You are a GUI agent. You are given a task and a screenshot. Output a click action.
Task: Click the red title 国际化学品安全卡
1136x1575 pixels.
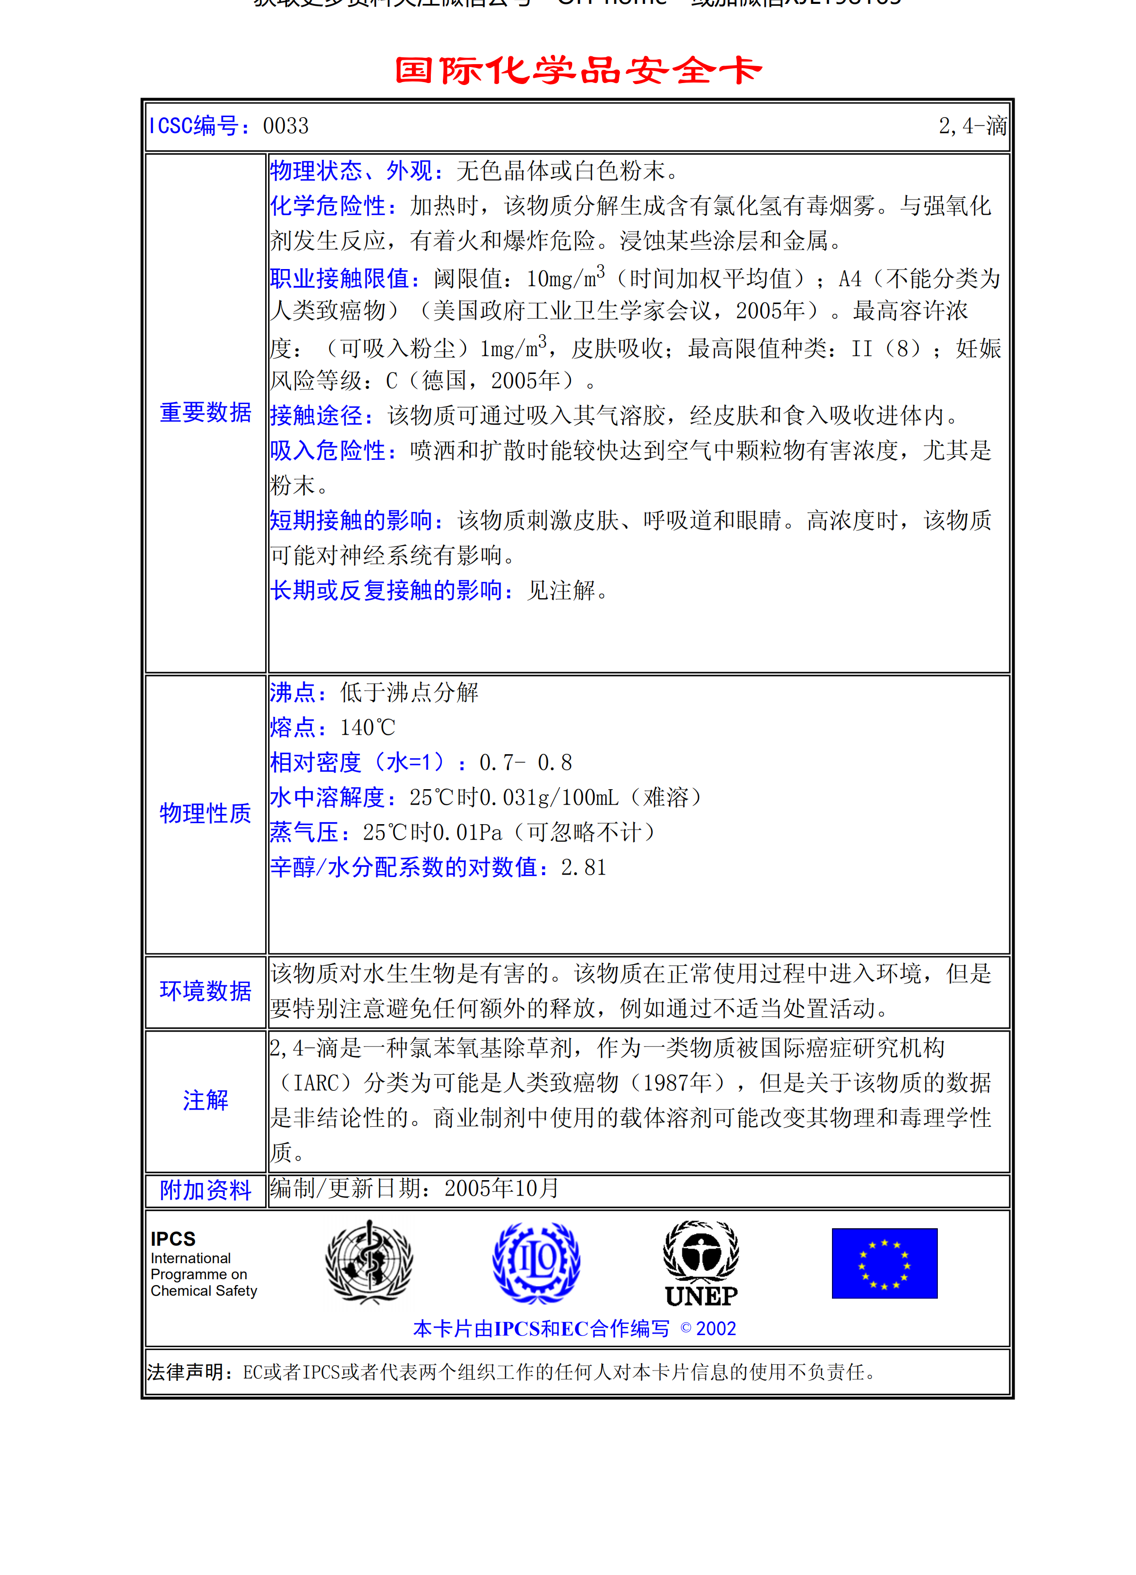pyautogui.click(x=578, y=70)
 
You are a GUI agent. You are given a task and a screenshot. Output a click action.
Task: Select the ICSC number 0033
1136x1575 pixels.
pyautogui.click(x=286, y=126)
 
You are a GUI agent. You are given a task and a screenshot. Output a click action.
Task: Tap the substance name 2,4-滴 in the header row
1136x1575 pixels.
pyautogui.click(x=972, y=126)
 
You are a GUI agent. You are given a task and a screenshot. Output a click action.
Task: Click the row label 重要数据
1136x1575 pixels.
pyautogui.click(x=205, y=412)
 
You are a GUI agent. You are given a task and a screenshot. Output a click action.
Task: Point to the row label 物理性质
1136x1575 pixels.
pyautogui.click(x=205, y=813)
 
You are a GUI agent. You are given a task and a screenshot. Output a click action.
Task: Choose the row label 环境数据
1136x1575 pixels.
pyautogui.click(x=205, y=991)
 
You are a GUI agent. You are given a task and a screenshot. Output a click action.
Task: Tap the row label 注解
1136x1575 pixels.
pyautogui.click(x=205, y=1101)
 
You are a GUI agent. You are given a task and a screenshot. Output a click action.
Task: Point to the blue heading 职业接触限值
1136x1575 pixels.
pyautogui.click(x=345, y=278)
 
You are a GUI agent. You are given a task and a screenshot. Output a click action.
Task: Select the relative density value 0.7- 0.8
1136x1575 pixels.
pyautogui.click(x=526, y=762)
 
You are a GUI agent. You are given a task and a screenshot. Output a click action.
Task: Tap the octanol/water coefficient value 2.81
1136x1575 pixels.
pyautogui.click(x=583, y=867)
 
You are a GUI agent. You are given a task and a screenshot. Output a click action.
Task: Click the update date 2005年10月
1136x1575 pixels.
pyautogui.click(x=501, y=1189)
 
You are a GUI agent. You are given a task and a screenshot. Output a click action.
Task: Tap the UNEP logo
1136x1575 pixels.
pyautogui.click(x=701, y=1263)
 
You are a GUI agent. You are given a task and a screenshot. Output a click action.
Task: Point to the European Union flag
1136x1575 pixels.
pyautogui.click(x=884, y=1263)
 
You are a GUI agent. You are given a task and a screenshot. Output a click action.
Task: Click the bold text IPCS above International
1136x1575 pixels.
pyautogui.click(x=173, y=1239)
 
